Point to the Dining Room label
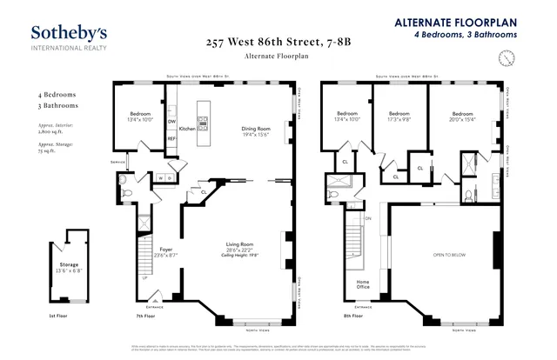(x=258, y=130)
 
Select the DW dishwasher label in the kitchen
(x=172, y=121)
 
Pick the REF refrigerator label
(x=172, y=138)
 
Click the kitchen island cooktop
(x=204, y=123)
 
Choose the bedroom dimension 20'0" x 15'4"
(x=462, y=119)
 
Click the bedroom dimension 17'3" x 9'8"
(x=399, y=119)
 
